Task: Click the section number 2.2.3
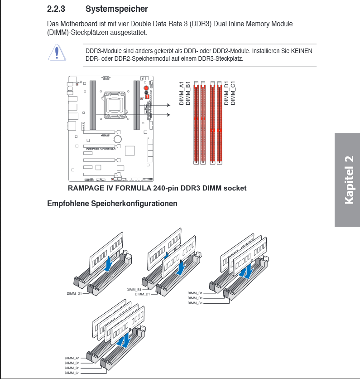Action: click(57, 9)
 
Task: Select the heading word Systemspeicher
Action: click(117, 9)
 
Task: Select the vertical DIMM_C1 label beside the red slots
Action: click(233, 93)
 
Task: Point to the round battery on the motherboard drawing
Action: click(118, 139)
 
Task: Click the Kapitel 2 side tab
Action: click(348, 180)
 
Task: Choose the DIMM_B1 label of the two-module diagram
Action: click(134, 289)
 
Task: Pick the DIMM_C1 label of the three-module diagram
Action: click(195, 303)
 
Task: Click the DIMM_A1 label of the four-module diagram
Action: click(72, 358)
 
